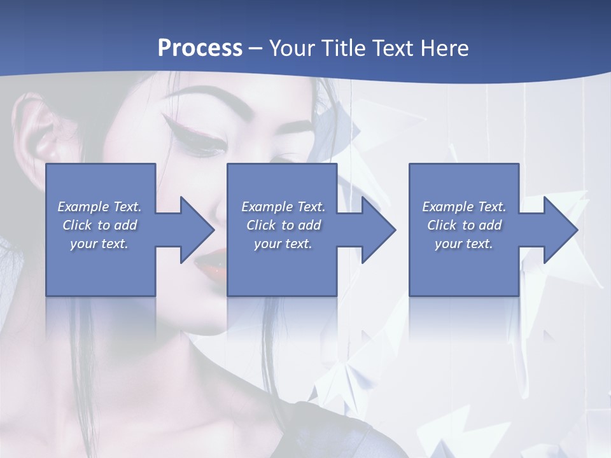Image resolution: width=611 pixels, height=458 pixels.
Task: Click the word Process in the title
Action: coord(200,48)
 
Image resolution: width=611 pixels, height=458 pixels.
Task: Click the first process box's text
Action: coord(99,225)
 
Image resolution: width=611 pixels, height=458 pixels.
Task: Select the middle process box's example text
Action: coord(283,225)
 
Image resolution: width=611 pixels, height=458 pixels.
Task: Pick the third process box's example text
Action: coord(464,225)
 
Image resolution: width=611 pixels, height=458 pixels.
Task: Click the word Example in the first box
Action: coord(83,207)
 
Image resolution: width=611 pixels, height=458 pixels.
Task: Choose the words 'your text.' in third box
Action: coord(464,244)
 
